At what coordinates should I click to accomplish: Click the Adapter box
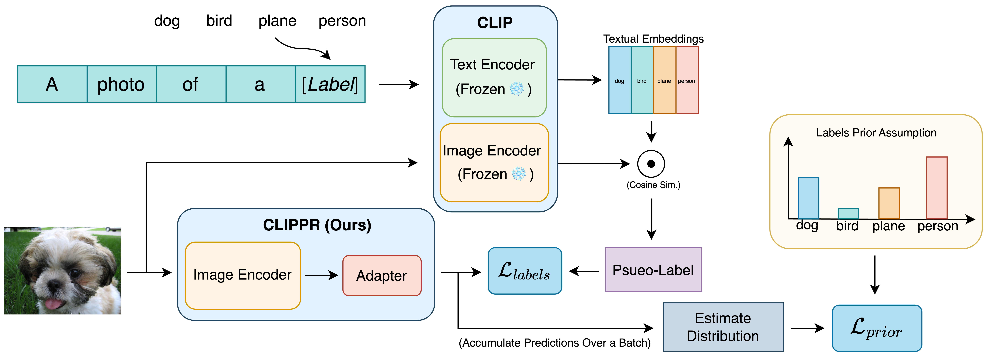point(382,276)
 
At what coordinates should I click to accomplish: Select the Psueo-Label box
point(653,270)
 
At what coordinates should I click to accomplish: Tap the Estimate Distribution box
point(723,327)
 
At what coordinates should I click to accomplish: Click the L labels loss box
point(525,271)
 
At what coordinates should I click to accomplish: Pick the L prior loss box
point(877,328)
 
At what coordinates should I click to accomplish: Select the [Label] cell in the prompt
point(330,84)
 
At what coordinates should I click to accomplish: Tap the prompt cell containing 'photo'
point(121,84)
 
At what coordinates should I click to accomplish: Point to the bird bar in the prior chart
point(848,214)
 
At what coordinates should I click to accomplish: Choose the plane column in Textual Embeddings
point(664,80)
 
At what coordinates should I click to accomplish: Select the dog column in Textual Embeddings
point(620,80)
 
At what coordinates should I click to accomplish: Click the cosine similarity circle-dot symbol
point(651,164)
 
